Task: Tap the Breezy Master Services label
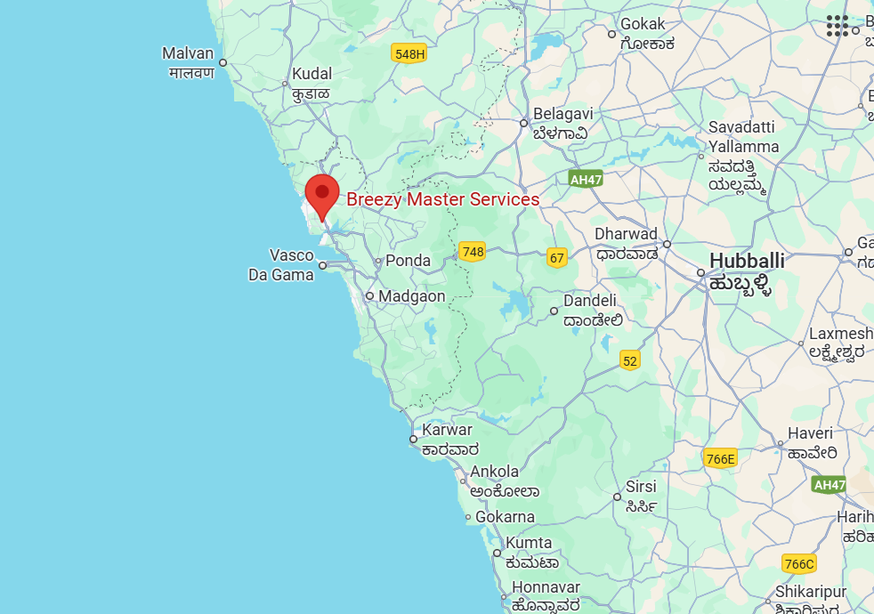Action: pyautogui.click(x=442, y=199)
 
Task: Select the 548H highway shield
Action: pyautogui.click(x=409, y=54)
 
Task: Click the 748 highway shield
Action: pyautogui.click(x=473, y=252)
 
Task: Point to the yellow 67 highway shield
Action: pyautogui.click(x=557, y=258)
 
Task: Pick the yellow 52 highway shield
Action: pyautogui.click(x=630, y=360)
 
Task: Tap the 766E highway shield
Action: pyautogui.click(x=720, y=459)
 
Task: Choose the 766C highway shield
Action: pyautogui.click(x=798, y=564)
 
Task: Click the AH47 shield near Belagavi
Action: pyautogui.click(x=586, y=179)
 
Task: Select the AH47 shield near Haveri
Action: pyautogui.click(x=829, y=484)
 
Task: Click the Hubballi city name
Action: pyautogui.click(x=747, y=261)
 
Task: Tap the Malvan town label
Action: pyautogui.click(x=188, y=53)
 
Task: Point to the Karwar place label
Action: pyautogui.click(x=447, y=430)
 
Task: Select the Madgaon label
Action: pyautogui.click(x=411, y=296)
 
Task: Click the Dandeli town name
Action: pyautogui.click(x=589, y=301)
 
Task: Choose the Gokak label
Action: pyautogui.click(x=643, y=24)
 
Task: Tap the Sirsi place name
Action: pyautogui.click(x=641, y=487)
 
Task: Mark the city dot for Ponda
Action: pyautogui.click(x=378, y=262)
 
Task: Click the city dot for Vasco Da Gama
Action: pyautogui.click(x=323, y=265)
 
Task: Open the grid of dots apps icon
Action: pyautogui.click(x=838, y=26)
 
